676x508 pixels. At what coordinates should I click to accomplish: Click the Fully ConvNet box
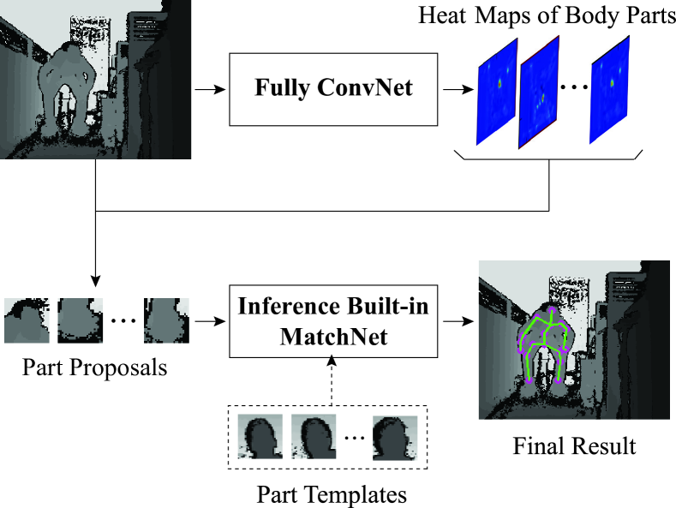[333, 88]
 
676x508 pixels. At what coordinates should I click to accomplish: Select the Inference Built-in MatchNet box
[333, 321]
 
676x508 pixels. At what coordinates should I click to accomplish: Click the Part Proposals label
[95, 369]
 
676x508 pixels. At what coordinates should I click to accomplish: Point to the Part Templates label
[332, 494]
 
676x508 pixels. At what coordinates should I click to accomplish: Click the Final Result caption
[574, 445]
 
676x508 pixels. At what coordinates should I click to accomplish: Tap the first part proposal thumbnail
[27, 320]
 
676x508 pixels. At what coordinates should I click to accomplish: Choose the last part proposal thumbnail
[165, 320]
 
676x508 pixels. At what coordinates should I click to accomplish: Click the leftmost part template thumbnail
[260, 439]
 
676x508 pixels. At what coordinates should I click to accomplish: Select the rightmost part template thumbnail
[395, 439]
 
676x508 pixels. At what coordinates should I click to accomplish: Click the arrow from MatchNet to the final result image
[457, 322]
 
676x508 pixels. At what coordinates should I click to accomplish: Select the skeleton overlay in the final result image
[543, 343]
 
